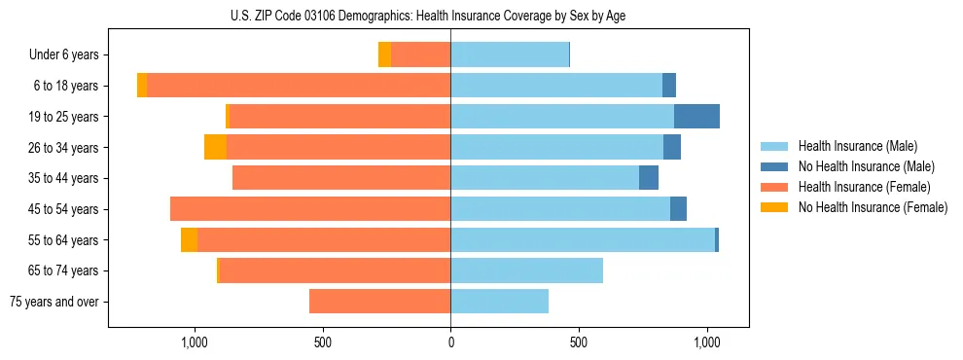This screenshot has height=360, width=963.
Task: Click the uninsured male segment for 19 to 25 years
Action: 696,117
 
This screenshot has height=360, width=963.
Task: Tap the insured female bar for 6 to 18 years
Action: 299,86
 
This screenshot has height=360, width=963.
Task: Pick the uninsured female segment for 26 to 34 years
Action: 215,147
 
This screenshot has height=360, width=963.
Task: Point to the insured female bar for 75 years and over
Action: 379,302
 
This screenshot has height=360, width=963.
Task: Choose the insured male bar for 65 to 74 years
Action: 526,270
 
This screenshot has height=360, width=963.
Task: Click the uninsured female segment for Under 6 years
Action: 384,54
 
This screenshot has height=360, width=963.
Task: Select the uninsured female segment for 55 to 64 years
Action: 189,240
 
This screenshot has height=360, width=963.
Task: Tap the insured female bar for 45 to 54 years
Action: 310,209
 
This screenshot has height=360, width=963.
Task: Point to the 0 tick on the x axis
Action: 450,342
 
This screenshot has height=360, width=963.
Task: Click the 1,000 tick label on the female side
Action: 195,342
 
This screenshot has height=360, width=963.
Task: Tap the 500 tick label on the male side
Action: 578,342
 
